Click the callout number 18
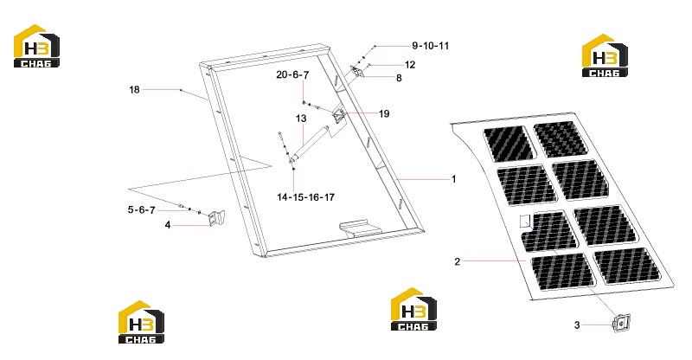[x=134, y=90]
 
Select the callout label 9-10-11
[x=430, y=46]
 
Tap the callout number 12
[x=410, y=65]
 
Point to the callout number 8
[x=399, y=78]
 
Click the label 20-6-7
[x=292, y=74]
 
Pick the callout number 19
[x=384, y=113]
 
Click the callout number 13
[x=301, y=119]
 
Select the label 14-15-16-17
[x=306, y=197]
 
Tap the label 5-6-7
[x=142, y=209]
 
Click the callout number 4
[x=168, y=225]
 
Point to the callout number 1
[x=453, y=179]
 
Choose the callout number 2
[x=458, y=261]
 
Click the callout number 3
[x=577, y=325]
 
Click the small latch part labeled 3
[x=622, y=323]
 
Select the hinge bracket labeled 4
[x=217, y=218]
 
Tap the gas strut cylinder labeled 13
[x=309, y=141]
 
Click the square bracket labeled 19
[x=340, y=115]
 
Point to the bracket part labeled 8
[x=357, y=72]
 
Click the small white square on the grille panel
[x=525, y=221]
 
